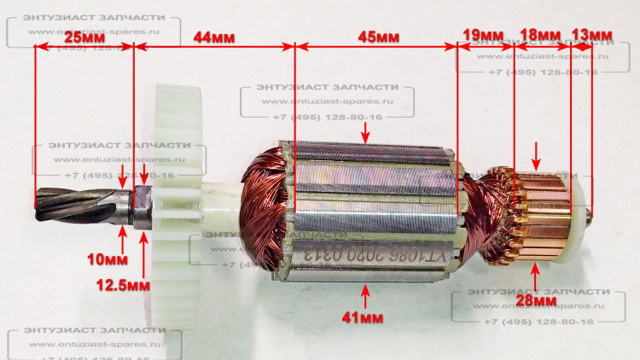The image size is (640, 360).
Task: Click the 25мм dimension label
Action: click(84, 38)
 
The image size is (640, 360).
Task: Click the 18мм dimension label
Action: click(540, 34)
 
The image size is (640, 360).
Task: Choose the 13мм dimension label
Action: click(591, 34)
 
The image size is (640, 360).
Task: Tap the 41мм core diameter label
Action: click(365, 317)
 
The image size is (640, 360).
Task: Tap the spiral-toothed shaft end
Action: click(77, 205)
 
